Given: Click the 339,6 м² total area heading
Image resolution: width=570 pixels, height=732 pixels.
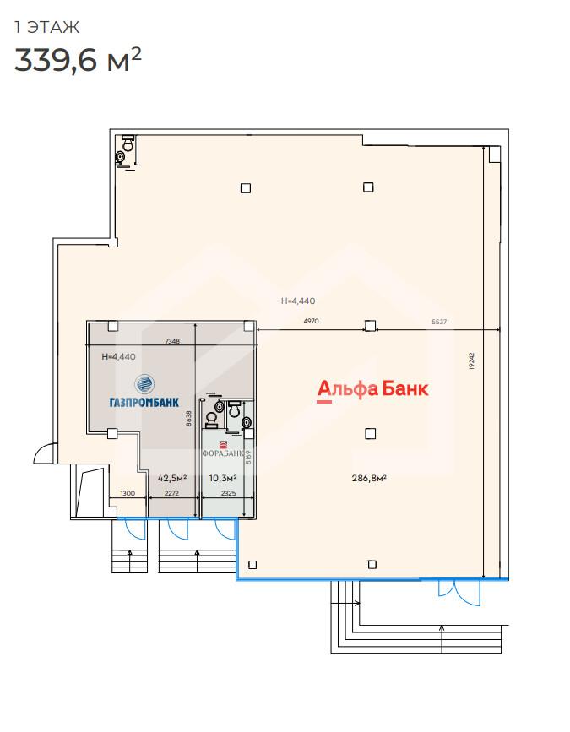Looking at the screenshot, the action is pos(78,59).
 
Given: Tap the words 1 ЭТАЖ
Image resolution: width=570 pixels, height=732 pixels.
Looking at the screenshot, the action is pos(46,27).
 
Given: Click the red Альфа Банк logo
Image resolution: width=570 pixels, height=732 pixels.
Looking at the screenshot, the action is pos(372,390).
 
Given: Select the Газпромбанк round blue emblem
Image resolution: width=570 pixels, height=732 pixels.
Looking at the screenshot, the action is pos(144,384).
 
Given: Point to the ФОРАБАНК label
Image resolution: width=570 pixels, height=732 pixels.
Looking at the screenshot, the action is pos(223,453).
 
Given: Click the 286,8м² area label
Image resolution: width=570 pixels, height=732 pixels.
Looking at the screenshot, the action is pos(369,478).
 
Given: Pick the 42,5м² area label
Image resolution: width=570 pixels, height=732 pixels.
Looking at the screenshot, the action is pos(172,478).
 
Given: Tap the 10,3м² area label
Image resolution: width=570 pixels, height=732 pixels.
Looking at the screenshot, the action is pos(223,478).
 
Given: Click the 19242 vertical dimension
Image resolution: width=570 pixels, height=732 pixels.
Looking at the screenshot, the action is pos(471,361).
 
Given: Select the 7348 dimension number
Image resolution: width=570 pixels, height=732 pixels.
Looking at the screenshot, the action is pos(172,341).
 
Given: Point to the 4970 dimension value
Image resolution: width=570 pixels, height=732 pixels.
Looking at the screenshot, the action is pos(311,321).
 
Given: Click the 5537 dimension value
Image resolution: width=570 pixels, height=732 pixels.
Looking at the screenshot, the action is pos(439,322).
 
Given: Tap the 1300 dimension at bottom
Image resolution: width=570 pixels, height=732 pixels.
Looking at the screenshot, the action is pos(128,493).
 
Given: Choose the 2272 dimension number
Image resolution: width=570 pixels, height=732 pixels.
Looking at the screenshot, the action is pos(171,493).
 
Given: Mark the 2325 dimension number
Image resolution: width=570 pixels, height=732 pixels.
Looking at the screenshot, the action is pos(228,493).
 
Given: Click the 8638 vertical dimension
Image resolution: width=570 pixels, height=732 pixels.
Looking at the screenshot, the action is pos(188,418).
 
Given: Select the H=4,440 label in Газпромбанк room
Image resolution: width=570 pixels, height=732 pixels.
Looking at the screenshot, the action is pos(118,356).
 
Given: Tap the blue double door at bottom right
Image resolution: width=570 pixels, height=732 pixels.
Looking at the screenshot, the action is pos(459,593).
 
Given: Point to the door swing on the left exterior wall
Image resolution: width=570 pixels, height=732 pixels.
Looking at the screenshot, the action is pos(43,453).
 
